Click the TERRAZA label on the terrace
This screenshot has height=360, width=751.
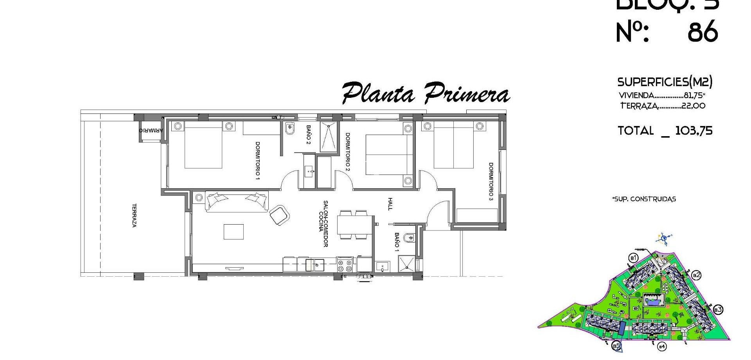click(x=134, y=215)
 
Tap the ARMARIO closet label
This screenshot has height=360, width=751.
click(x=151, y=130)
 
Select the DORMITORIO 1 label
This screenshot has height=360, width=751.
click(x=257, y=161)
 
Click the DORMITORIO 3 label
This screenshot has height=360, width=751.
click(x=491, y=182)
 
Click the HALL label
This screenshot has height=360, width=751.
click(x=390, y=204)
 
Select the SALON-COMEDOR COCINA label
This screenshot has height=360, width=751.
click(x=323, y=224)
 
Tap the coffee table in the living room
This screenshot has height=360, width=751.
click(x=234, y=232)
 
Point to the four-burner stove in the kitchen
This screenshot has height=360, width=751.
click(x=345, y=266)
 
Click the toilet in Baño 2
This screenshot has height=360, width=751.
click(x=289, y=129)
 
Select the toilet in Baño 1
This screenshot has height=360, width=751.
click(x=409, y=238)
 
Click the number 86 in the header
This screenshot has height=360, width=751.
click(x=703, y=32)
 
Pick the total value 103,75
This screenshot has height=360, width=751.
click(x=694, y=131)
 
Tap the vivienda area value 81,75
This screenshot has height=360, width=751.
click(x=693, y=95)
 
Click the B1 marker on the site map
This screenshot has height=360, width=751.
click(x=633, y=258)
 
